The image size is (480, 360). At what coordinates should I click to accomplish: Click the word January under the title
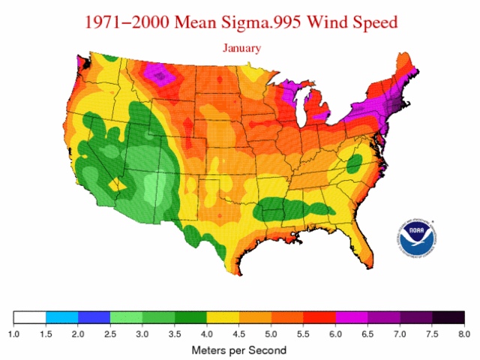click(241, 48)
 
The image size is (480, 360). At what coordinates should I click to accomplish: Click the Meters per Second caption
click(238, 349)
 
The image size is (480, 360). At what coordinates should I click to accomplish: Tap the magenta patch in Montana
click(160, 73)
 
